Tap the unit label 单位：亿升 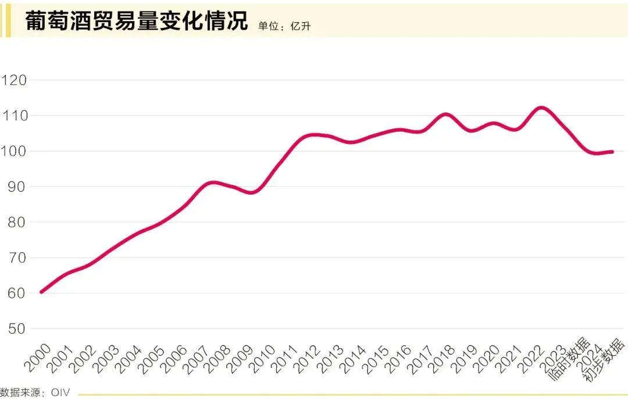286,26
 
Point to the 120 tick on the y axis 15,80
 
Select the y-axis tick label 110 15,116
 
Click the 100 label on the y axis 15,151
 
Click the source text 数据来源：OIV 35,393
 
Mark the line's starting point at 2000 41,291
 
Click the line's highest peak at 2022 541,108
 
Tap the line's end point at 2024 612,152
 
